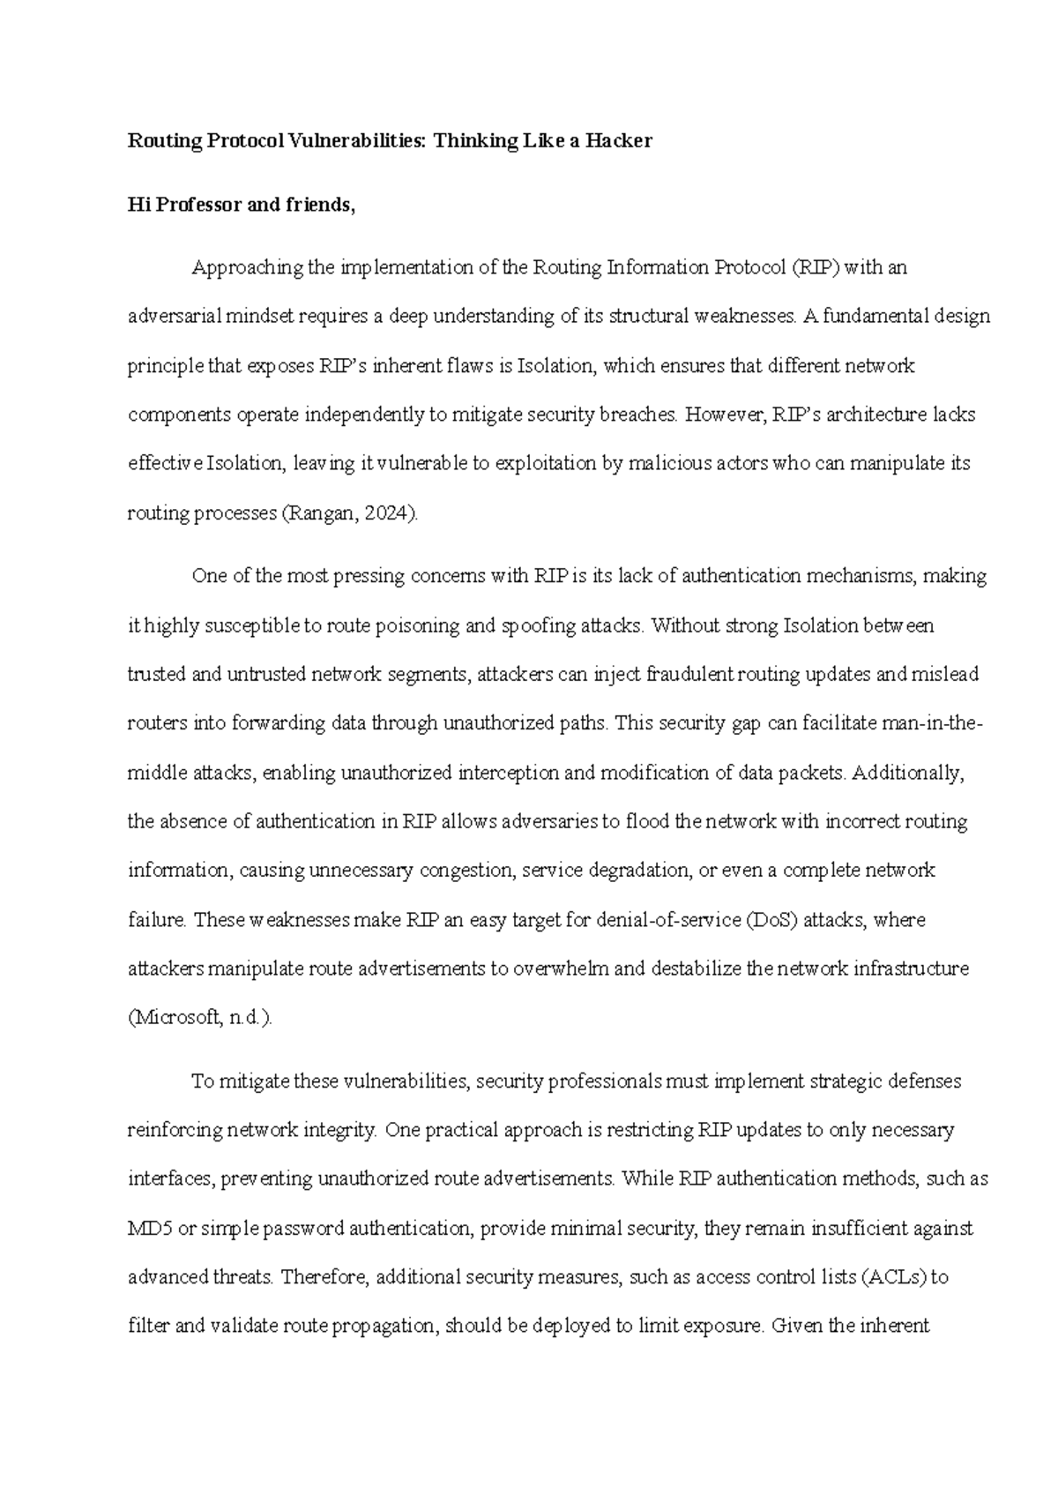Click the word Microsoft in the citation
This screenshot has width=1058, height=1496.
pos(174,1018)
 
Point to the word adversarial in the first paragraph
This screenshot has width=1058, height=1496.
pos(173,317)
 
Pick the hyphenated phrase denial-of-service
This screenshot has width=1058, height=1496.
pos(669,920)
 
